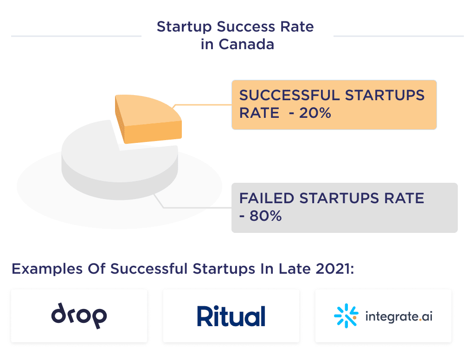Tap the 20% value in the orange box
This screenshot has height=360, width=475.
pos(315,113)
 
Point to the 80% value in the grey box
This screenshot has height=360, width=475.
pos(265,216)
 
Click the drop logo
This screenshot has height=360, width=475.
pos(79,316)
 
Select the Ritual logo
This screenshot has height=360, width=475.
pos(231,316)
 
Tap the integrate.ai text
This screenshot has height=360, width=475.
pos(399,317)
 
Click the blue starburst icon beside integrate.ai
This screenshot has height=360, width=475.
pos(346,316)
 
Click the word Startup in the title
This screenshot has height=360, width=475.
pos(184,27)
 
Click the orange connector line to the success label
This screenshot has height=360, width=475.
pos(204,105)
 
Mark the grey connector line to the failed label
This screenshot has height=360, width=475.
pos(195,207)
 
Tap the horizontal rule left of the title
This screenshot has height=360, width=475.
pos(76,36)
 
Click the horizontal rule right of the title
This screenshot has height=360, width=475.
pos(398,36)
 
